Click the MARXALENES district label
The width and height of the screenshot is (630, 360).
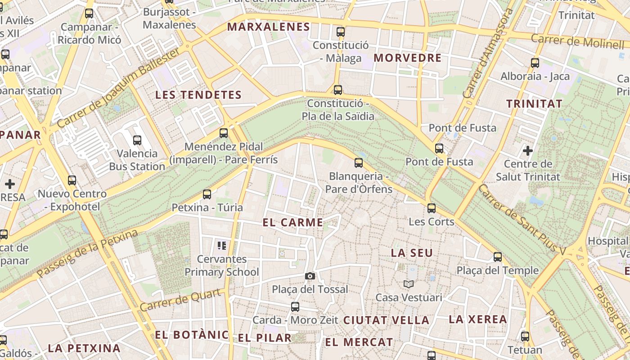point(268,27)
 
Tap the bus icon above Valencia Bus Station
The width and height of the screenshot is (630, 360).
point(137,140)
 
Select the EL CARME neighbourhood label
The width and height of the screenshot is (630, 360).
point(293,222)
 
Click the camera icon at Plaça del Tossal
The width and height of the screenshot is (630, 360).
point(310,276)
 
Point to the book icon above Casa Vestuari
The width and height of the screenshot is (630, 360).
point(409,284)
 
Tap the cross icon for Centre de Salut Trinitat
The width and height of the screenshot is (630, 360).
point(528,150)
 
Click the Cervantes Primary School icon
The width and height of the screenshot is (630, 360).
point(222,246)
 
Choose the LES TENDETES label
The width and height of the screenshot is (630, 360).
point(198,95)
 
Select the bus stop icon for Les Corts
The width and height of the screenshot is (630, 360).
point(432,208)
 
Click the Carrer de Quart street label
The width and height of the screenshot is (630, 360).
point(181,300)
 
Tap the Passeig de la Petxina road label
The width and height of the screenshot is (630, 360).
point(88,253)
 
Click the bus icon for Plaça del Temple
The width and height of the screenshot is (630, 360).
point(497,257)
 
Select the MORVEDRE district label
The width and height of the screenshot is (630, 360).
point(408,58)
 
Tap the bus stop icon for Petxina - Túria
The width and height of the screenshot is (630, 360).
point(207,194)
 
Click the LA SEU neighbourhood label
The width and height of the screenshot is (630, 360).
point(412,253)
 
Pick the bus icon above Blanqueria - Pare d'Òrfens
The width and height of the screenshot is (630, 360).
point(359,162)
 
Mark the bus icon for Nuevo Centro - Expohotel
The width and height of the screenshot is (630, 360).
point(72,180)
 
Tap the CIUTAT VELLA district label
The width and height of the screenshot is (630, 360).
point(386,320)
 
